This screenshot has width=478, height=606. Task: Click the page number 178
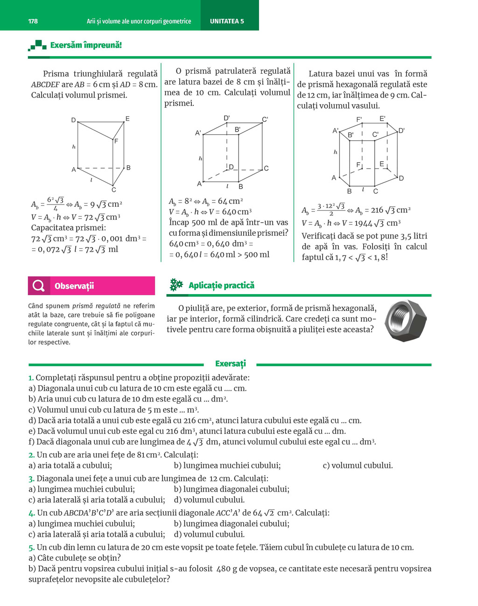point(33,21)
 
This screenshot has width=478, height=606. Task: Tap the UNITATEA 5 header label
point(227,21)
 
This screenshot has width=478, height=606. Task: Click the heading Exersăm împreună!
point(86,45)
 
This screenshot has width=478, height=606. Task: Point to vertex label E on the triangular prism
point(127,119)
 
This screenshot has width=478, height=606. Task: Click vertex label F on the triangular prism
point(116,141)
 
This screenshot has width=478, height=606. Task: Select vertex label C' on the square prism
point(265,120)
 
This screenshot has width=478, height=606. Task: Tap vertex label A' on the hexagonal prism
point(335,131)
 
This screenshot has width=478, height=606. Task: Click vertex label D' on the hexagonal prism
point(401,131)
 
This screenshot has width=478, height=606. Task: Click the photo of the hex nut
point(405,321)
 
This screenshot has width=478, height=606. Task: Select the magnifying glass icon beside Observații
point(39,286)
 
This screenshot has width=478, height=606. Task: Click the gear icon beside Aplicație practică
point(176,285)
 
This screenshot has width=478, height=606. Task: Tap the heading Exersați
point(230,364)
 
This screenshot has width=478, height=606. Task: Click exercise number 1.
point(31,378)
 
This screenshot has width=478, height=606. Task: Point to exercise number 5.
point(31,547)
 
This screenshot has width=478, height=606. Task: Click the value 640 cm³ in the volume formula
point(237,211)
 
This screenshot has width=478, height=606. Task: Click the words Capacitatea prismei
point(68,228)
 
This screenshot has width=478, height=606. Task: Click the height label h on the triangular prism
point(74,147)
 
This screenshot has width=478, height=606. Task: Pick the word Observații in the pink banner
point(74,286)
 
